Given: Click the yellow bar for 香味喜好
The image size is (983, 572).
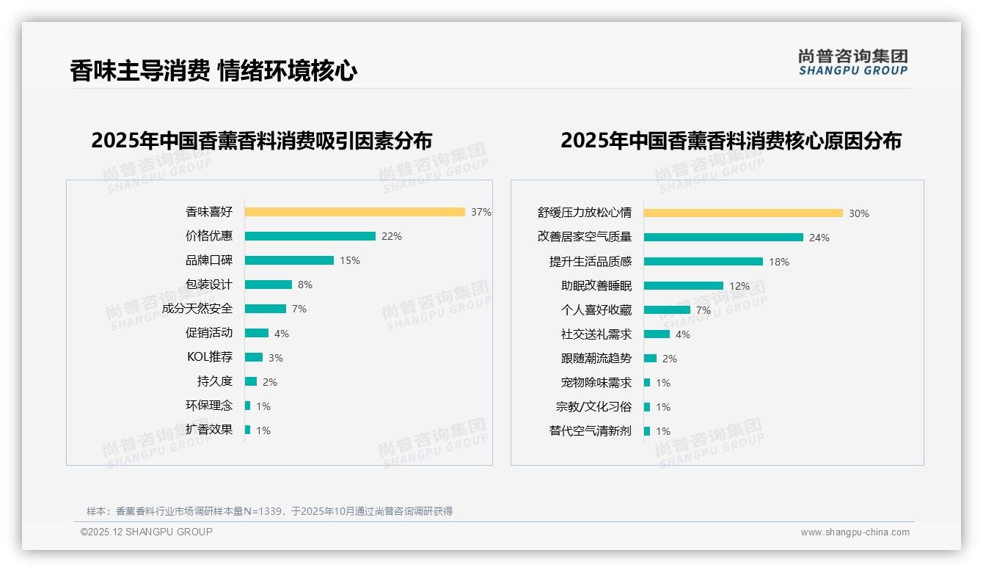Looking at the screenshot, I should (354, 212).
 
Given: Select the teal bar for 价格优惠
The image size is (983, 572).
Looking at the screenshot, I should (310, 236).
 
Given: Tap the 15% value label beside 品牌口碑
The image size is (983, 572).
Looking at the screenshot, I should (350, 260).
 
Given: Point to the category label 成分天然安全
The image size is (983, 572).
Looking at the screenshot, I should (197, 309).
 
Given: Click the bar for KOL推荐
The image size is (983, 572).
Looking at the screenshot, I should (254, 357).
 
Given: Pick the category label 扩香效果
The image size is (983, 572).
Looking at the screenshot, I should (209, 430).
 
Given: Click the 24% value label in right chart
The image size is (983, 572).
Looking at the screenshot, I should (819, 238).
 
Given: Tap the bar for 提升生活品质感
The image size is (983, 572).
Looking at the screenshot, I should (704, 262).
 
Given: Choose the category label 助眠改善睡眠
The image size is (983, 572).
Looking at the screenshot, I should (596, 286).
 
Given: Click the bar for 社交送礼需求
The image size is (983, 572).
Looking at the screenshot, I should (657, 334).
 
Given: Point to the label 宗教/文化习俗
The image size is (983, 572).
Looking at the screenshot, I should (593, 407).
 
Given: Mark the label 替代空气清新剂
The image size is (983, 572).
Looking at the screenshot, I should (591, 431).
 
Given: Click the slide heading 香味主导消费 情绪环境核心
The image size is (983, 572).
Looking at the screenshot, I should (213, 71).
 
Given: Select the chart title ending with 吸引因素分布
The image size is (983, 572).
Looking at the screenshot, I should (262, 140).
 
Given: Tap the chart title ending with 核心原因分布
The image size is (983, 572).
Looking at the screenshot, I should (731, 140).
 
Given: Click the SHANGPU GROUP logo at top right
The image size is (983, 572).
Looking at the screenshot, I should (852, 62).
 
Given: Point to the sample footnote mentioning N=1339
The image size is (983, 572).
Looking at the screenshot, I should (269, 511).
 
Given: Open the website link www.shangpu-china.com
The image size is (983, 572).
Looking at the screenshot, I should (855, 532).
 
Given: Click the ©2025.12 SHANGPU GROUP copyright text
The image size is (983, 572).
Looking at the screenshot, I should (147, 532).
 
